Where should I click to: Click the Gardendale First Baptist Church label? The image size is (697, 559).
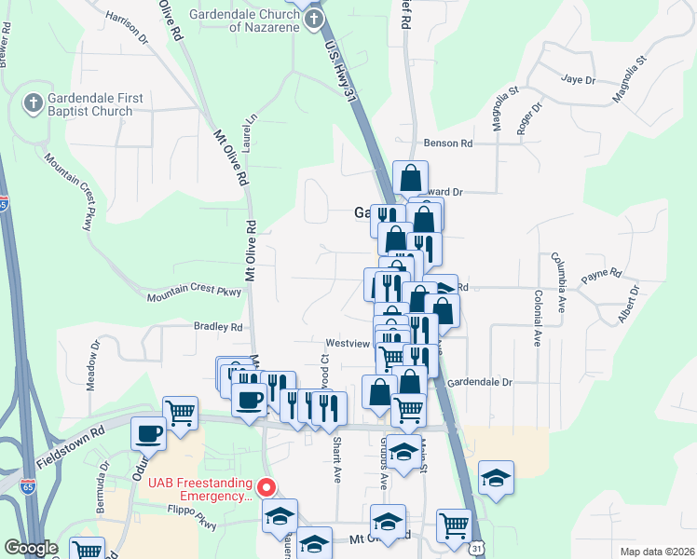pos(91,104)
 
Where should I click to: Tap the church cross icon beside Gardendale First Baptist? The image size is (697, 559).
pos(33,103)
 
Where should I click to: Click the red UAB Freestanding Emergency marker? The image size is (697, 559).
pos(266,487)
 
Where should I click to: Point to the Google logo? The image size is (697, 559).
pos(31,548)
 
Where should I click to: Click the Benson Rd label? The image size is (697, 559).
pos(448,143)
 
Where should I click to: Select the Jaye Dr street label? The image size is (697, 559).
pos(578,79)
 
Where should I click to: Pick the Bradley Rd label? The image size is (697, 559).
pos(217,327)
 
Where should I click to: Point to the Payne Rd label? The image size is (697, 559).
pos(601,275)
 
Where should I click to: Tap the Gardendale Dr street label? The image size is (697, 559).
pos(480,382)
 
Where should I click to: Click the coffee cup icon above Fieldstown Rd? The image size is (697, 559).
pos(149,432)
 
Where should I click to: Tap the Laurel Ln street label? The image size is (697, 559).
pos(249,135)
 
